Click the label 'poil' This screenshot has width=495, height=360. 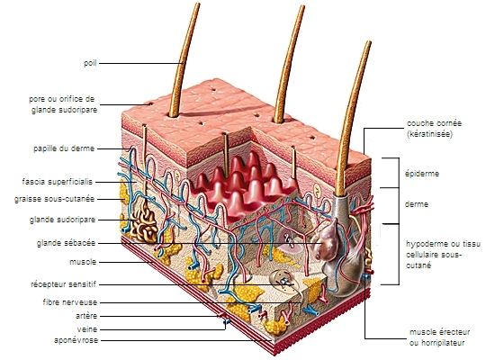click(90, 63)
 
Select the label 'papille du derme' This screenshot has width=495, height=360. click(64, 148)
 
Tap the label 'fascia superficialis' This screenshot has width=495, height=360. click(57, 182)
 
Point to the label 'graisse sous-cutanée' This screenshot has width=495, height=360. click(54, 199)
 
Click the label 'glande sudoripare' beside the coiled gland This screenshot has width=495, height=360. click(62, 220)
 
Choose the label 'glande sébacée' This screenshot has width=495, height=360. click(66, 243)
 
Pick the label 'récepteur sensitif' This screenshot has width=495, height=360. click(63, 284)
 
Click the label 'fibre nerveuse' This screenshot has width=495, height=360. click(70, 302)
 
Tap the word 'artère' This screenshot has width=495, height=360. click(86, 316)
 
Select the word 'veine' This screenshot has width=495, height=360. click(87, 329)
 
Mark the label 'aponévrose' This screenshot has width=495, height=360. click(76, 340)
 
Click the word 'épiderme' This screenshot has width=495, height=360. click(422, 174)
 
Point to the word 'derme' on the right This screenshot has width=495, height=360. click(417, 204)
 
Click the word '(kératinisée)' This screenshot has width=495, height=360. click(429, 134)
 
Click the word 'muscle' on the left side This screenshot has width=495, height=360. click(83, 262)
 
